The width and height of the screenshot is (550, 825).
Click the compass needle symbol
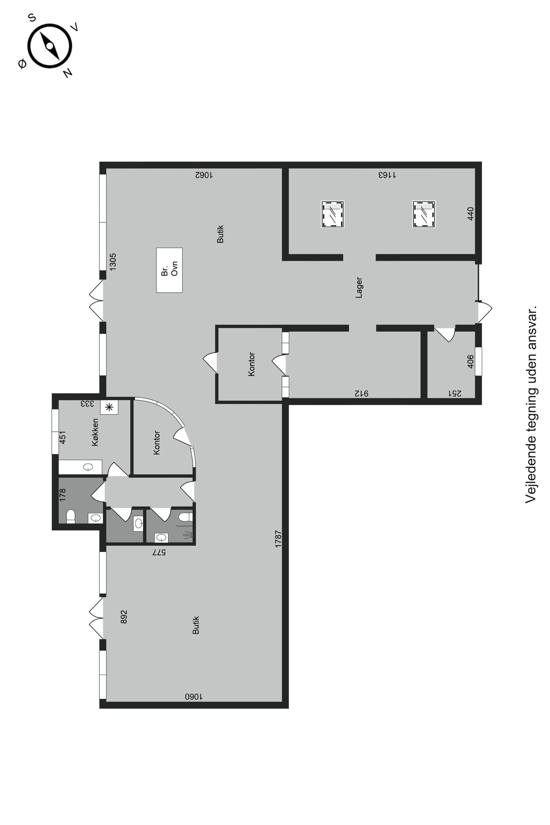[50, 46]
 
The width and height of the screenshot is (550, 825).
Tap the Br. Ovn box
[169, 270]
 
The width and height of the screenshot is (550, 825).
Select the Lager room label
[359, 288]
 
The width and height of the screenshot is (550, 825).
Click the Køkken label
[95, 432]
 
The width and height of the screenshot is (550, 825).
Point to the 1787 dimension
[278, 539]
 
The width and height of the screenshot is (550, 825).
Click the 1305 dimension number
[113, 261]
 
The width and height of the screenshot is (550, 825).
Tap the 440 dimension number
[471, 213]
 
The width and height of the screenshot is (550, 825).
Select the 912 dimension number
[362, 393]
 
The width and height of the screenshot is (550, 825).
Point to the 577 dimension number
[159, 552]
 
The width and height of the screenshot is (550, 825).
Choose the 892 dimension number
[124, 617]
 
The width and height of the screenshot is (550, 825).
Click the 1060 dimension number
[194, 697]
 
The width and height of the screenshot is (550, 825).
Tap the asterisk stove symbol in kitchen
[109, 407]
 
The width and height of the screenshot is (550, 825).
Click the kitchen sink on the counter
[88, 467]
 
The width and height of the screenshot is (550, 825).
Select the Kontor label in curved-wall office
[156, 443]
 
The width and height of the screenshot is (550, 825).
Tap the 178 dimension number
[62, 495]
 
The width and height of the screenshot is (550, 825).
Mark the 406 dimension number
[471, 361]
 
